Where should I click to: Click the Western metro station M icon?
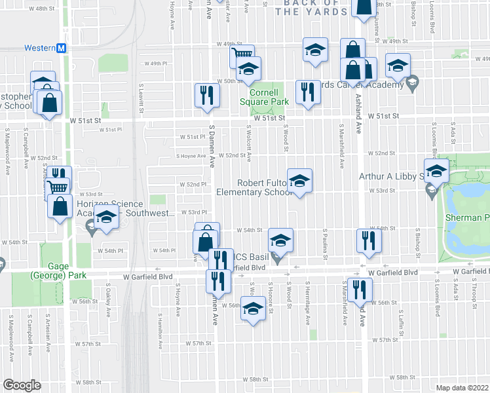click(x=61, y=48)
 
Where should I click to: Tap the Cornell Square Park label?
click(x=264, y=97)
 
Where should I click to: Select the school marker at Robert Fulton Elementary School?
click(x=299, y=181)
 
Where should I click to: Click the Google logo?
click(x=22, y=385)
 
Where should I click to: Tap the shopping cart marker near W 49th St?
click(x=242, y=56)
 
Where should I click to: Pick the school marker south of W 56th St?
click(x=252, y=309)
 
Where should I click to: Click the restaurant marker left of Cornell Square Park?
click(x=207, y=95)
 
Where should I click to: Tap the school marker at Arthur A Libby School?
click(x=436, y=171)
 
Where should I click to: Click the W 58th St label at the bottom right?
click(x=406, y=377)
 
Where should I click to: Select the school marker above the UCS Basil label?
click(x=280, y=240)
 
